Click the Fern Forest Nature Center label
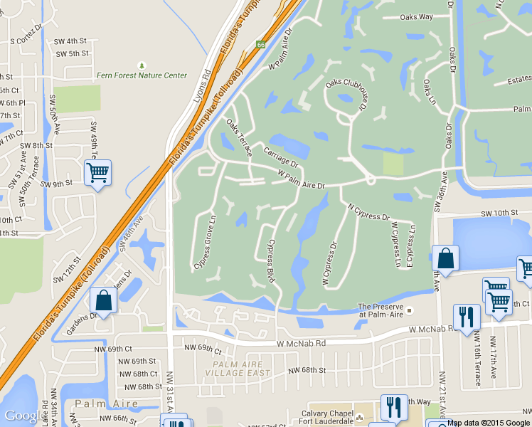point(142,75)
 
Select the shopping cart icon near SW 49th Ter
point(97,172)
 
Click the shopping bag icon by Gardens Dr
point(104,300)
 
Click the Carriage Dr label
point(280,157)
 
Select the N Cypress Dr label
point(368,212)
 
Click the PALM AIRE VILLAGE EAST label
point(242,368)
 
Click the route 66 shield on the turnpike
point(261,45)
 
